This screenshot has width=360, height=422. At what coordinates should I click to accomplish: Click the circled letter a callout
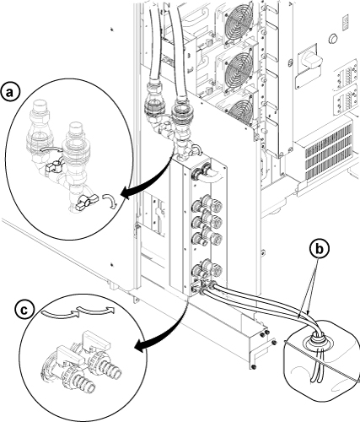tap(10, 92)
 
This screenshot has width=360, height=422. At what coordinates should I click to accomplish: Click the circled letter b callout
tap(319, 249)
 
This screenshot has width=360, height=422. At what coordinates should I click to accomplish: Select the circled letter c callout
tap(24, 310)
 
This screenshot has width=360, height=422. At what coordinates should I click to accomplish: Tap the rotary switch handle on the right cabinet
tap(311, 59)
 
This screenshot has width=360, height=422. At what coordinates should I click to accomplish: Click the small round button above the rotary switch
tap(333, 38)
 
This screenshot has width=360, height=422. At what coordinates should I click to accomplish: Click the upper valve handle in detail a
tap(53, 165)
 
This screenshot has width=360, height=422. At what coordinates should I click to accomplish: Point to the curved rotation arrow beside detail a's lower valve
tap(110, 200)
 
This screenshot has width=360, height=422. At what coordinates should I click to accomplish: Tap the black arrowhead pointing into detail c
tap(141, 348)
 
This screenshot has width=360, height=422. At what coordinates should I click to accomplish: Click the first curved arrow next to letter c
tap(59, 315)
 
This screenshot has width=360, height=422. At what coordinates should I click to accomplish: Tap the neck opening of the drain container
tap(317, 337)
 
